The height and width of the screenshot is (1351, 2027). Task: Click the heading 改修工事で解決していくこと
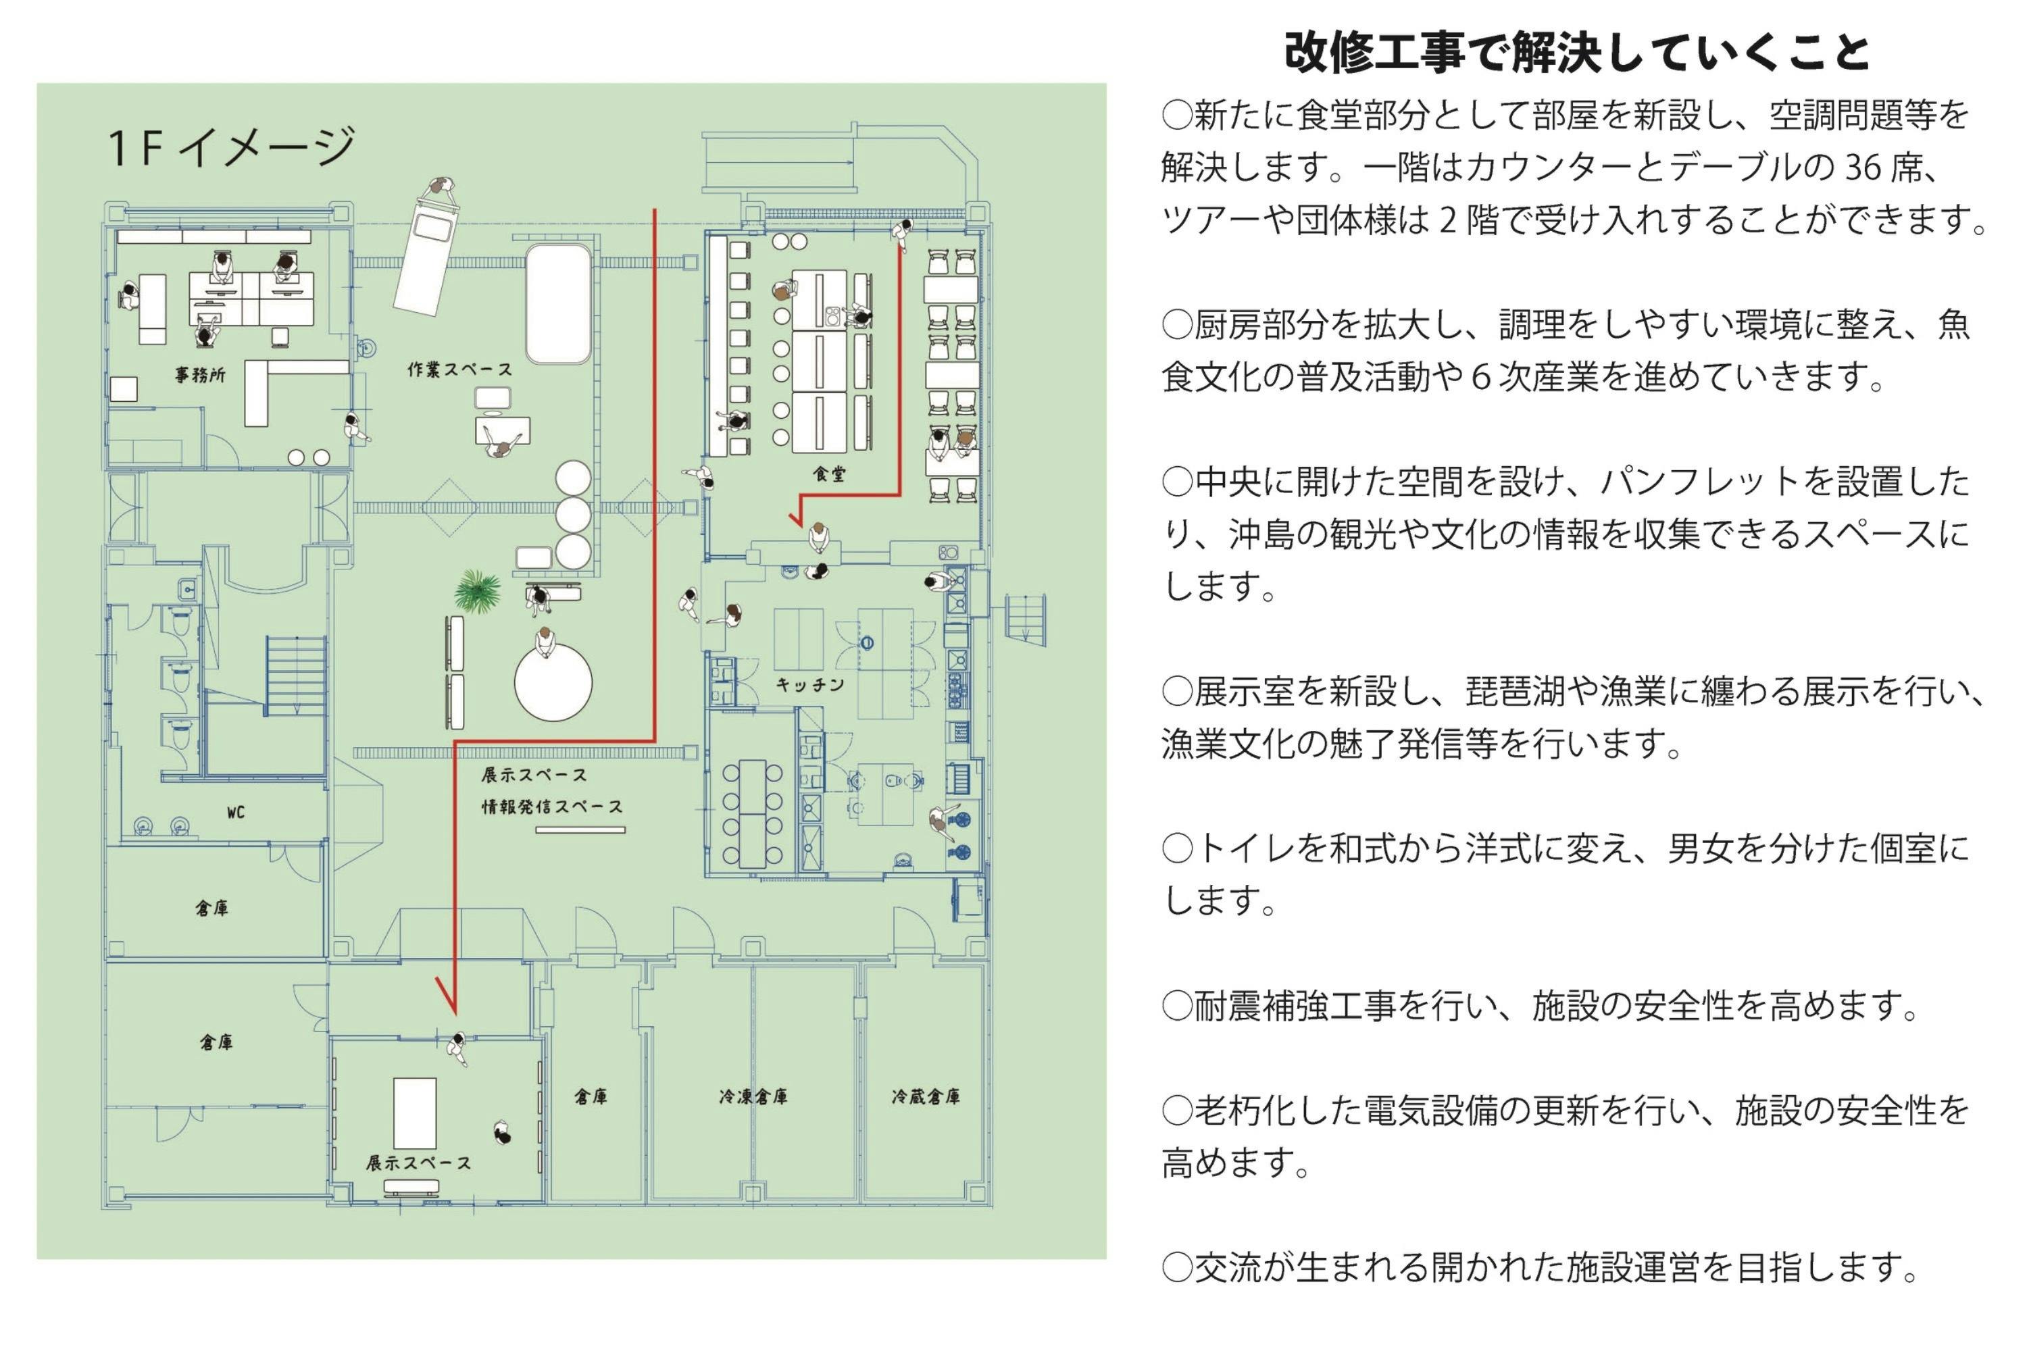pos(1576,53)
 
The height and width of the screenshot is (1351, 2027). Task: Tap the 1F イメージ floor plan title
pos(231,147)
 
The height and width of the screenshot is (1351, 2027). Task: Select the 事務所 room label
pos(201,375)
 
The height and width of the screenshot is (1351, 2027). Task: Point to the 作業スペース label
pos(460,369)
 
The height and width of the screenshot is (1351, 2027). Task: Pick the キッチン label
pos(810,685)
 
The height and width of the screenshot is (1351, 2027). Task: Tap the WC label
pos(235,813)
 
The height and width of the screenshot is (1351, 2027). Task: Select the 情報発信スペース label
pos(551,807)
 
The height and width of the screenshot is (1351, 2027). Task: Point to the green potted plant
pos(478,591)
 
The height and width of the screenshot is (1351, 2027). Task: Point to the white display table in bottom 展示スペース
pos(416,1113)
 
